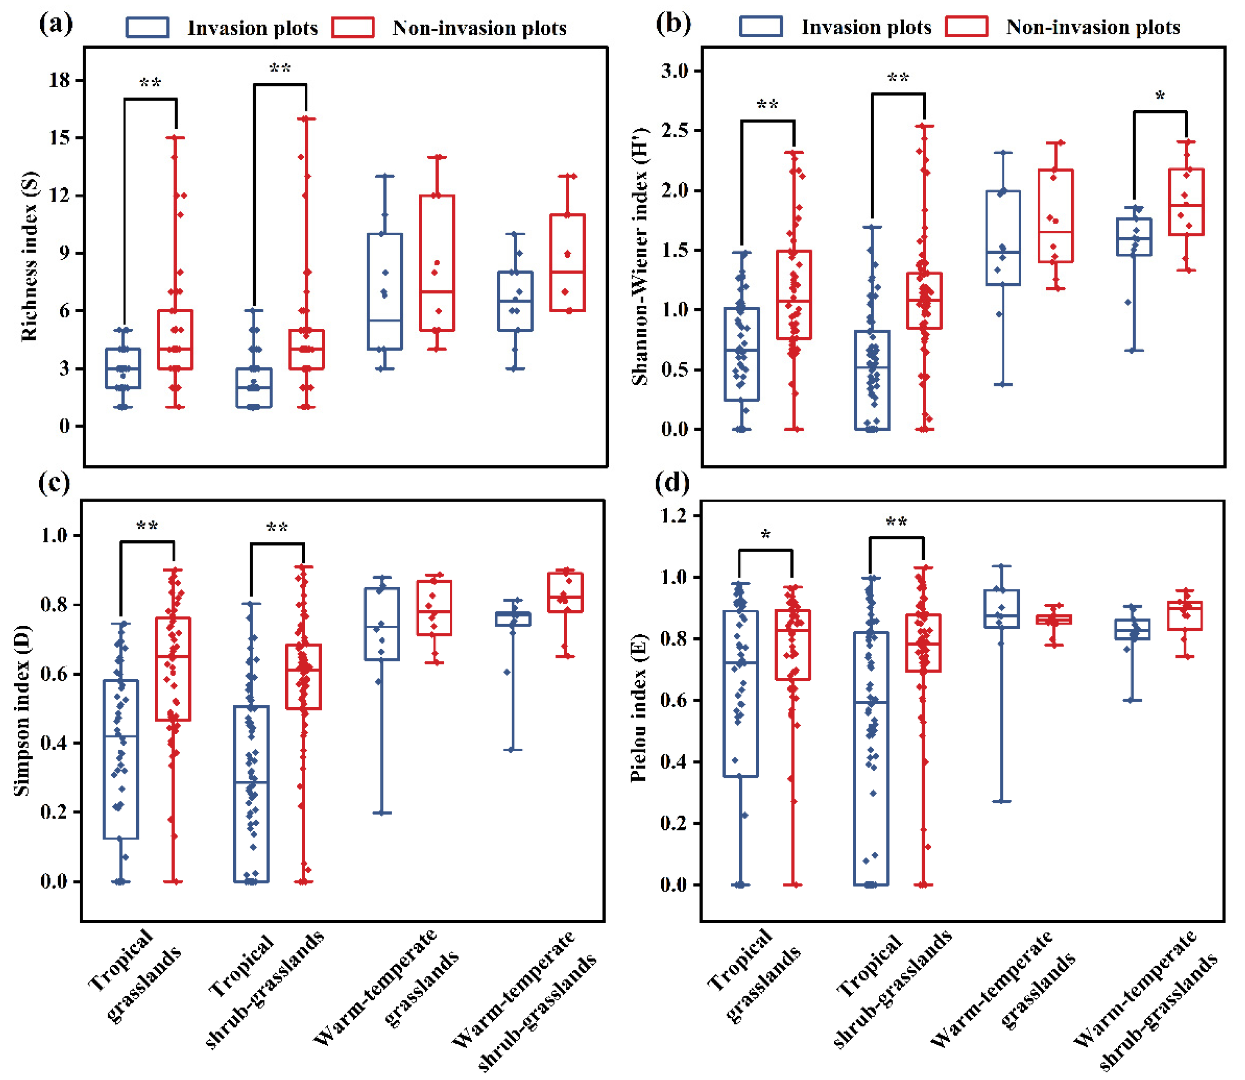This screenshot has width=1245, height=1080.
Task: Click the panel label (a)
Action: [56, 24]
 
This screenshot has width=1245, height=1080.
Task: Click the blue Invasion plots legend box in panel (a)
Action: [147, 28]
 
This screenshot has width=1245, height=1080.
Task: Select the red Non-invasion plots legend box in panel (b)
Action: [966, 27]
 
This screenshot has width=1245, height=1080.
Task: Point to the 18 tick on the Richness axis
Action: [60, 80]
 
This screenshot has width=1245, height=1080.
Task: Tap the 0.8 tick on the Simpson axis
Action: [54, 605]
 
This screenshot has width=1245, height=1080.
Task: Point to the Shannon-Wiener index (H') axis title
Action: [640, 256]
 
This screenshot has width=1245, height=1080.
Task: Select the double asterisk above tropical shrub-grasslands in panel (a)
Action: [280, 69]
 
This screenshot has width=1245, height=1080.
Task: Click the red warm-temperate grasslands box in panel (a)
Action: [437, 263]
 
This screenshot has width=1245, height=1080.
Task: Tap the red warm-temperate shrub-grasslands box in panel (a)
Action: [567, 263]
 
